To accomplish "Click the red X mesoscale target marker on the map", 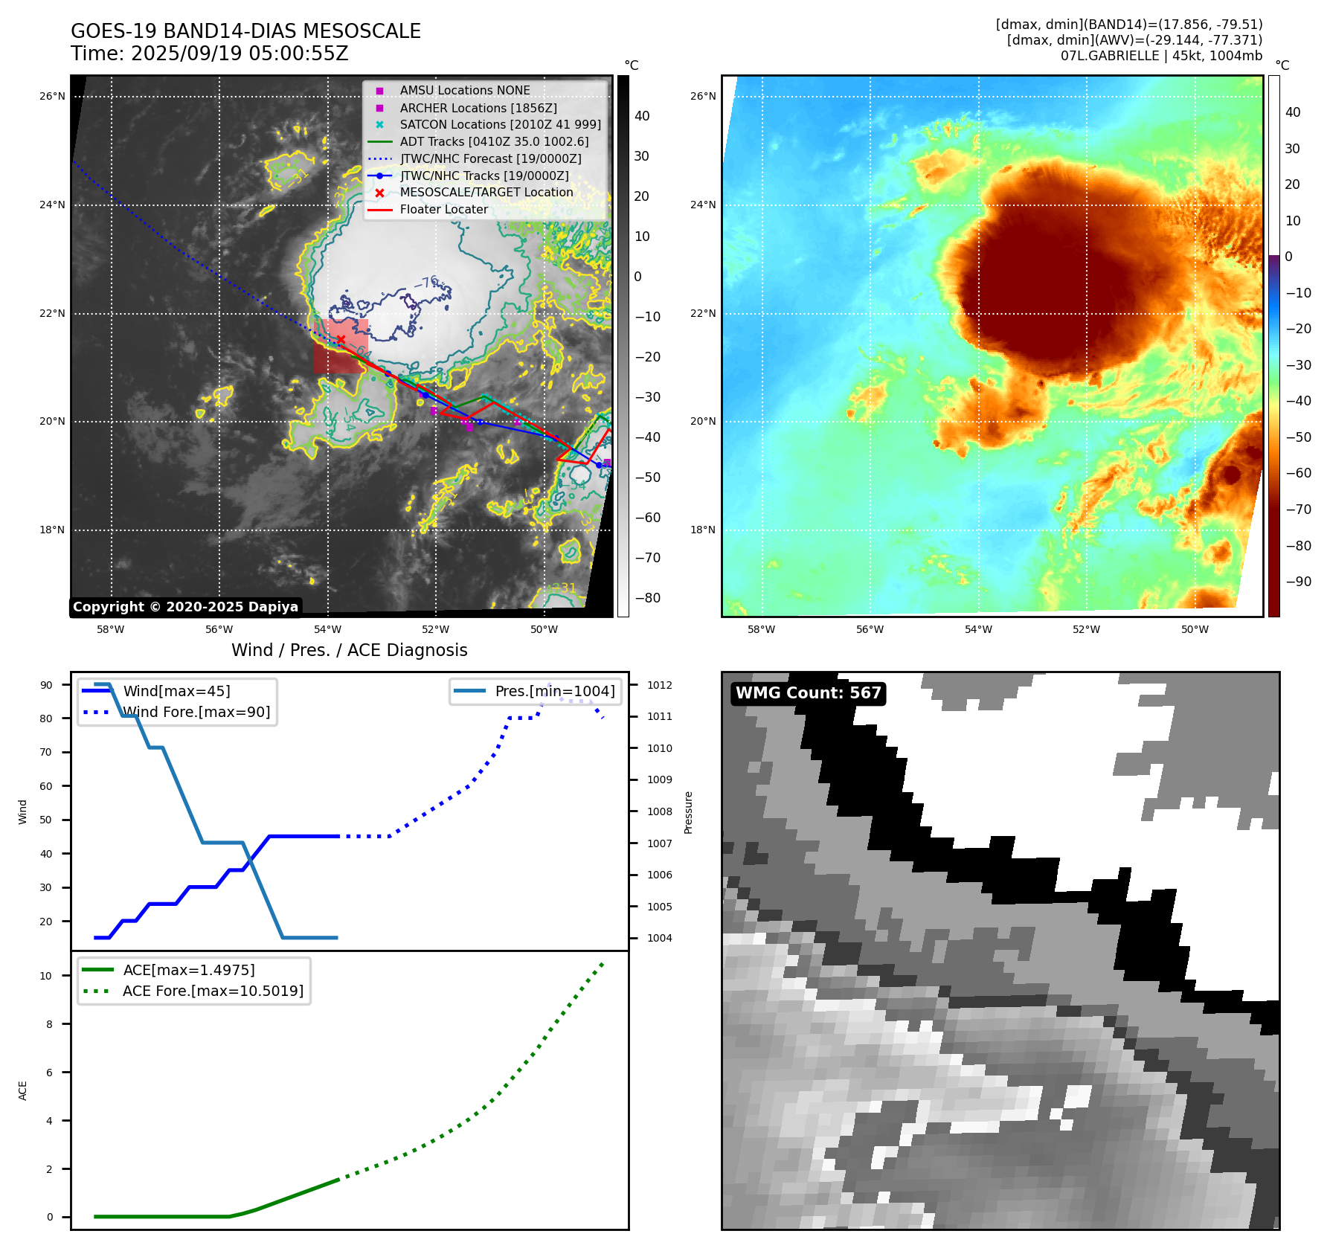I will click(341, 340).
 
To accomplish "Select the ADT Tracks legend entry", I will click(494, 141).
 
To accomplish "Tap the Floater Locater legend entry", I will click(443, 210).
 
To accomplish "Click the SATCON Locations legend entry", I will click(500, 124).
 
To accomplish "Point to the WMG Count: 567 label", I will click(808, 693).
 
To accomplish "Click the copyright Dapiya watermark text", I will click(185, 607).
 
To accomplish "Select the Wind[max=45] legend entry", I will click(176, 691).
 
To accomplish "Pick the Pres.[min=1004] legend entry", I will click(554, 691).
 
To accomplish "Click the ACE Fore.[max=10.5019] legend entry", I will click(213, 991).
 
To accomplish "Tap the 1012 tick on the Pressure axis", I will click(659, 685).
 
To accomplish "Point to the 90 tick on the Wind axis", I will click(46, 685).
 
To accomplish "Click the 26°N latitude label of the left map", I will click(52, 96).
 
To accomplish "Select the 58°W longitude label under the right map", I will click(761, 629).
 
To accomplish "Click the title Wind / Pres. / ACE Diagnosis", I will click(349, 650).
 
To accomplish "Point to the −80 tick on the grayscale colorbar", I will click(647, 597).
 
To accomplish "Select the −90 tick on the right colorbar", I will click(1299, 582).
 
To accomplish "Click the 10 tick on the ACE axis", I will click(46, 976).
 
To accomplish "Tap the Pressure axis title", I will click(688, 812).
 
